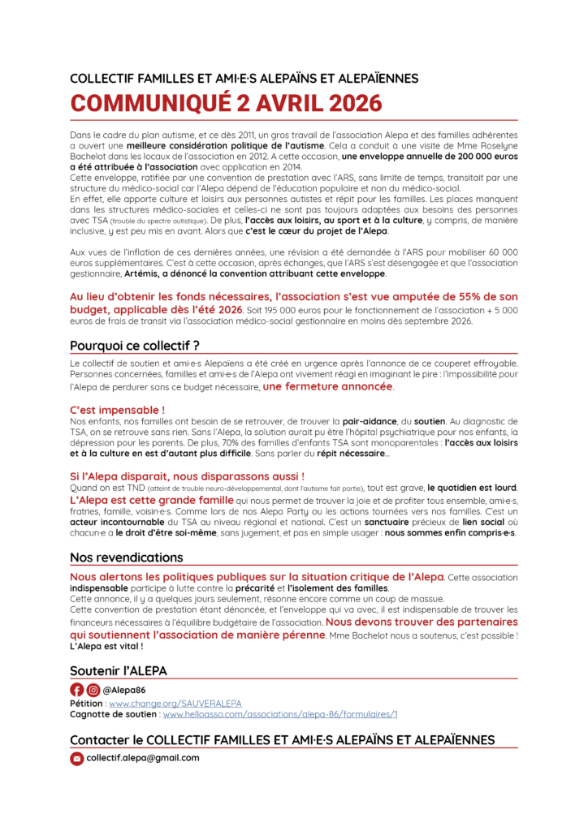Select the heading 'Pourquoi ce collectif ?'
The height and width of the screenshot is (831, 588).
[135, 344]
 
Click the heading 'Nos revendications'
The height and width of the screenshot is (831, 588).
[126, 558]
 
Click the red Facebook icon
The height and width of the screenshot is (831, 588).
[77, 690]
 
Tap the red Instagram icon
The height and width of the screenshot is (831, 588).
[93, 690]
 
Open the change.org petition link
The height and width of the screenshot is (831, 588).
[175, 703]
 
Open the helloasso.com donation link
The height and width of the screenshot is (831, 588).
[280, 714]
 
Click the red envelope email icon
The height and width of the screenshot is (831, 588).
[77, 758]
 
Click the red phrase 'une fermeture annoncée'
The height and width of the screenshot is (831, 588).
[327, 387]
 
